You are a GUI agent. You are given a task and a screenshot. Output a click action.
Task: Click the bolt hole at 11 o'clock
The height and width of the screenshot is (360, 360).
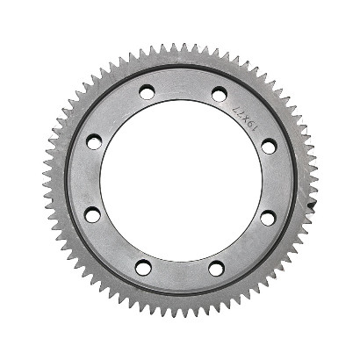point(147,91)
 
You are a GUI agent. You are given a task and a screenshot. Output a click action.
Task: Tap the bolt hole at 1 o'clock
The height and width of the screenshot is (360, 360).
point(219,93)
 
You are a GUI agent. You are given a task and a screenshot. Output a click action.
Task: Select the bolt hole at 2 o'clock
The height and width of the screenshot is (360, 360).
point(269,146)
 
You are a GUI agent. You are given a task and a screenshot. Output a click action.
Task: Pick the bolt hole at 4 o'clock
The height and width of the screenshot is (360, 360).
point(268,218)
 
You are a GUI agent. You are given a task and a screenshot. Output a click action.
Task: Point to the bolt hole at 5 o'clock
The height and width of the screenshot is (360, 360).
point(216,267)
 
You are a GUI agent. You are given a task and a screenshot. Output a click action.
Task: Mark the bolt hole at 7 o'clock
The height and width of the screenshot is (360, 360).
point(144,266)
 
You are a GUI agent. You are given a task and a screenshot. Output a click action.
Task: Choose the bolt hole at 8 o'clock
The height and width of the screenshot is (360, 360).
point(94,214)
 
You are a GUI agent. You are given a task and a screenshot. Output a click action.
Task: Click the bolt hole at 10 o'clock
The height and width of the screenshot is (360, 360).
point(95,142)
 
